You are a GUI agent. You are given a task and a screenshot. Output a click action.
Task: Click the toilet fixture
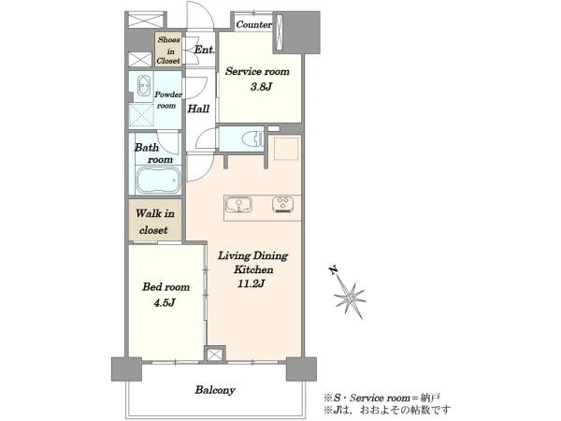point(252,138)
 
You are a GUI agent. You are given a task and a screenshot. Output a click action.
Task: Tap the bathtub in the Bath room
point(158,181)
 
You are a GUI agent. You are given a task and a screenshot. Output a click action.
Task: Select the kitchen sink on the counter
point(238,205)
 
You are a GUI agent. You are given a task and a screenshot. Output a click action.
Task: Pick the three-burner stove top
point(283,205)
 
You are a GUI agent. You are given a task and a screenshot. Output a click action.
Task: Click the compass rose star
point(350,298)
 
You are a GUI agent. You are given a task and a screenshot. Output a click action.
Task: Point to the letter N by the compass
point(334,270)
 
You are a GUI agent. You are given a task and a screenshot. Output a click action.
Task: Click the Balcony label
point(215,390)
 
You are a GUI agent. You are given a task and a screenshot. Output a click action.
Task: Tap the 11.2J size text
point(252,283)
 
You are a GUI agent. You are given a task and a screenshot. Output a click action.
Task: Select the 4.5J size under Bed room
point(165,303)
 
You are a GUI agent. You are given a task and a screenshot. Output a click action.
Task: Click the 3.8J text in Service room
point(261,87)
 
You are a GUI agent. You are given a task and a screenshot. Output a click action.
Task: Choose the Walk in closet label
point(154,222)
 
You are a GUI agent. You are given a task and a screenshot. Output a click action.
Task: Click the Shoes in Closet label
point(168,51)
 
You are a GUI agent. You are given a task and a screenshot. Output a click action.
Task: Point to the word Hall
point(198,109)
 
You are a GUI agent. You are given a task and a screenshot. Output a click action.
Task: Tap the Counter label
point(253,24)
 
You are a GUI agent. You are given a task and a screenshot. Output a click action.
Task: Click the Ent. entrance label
point(204,50)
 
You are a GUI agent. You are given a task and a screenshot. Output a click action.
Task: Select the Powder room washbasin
point(143,85)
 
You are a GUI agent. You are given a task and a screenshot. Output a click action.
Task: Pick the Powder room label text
point(167,100)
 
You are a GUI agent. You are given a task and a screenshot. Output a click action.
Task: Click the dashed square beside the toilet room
point(286,148)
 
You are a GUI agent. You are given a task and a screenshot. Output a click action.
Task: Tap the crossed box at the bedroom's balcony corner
point(215,354)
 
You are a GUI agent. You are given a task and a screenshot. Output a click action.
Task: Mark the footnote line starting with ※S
point(382,398)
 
